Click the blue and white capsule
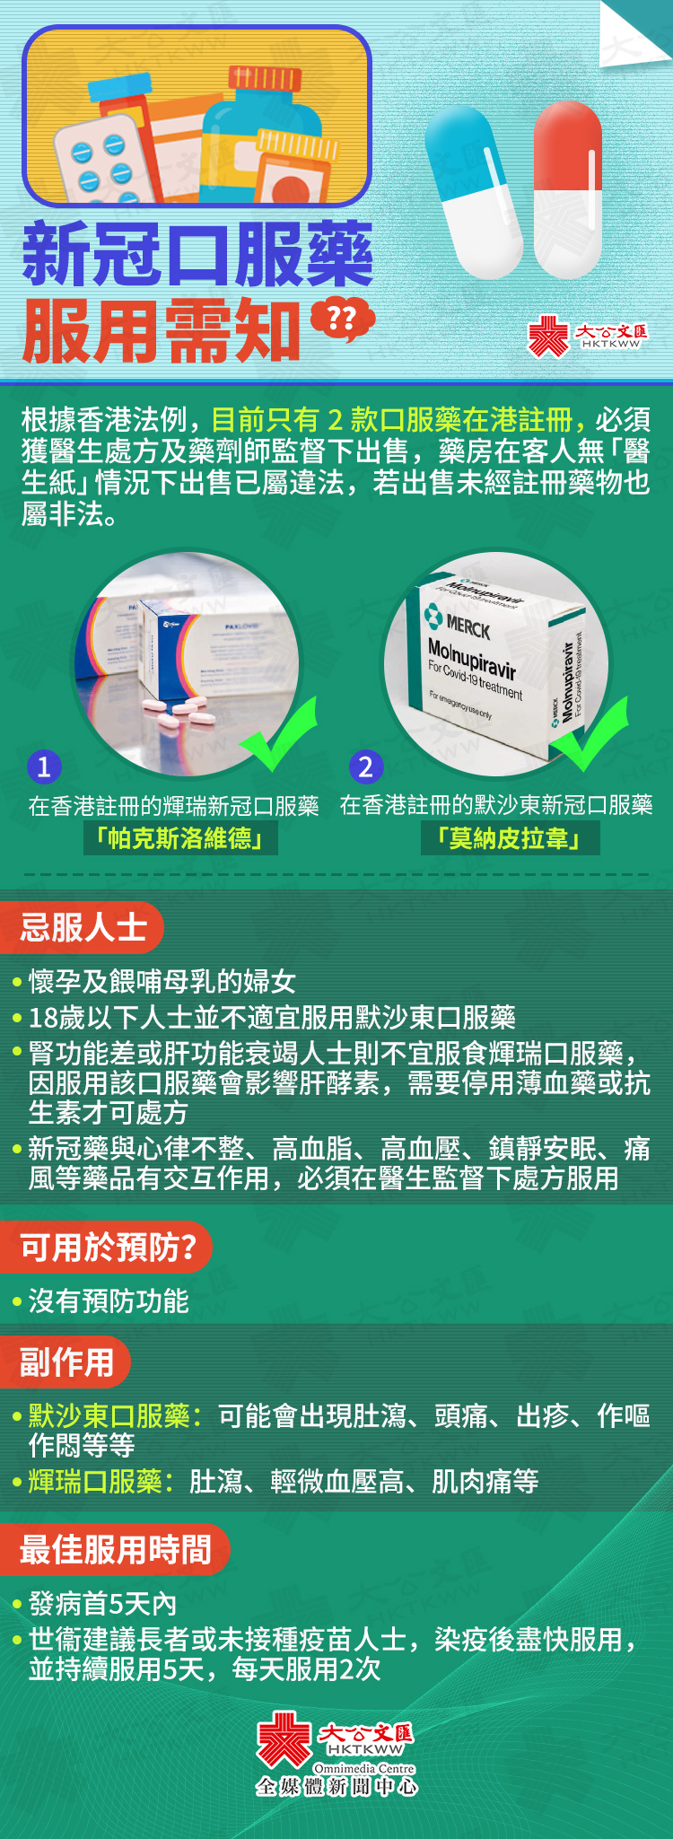[474, 191]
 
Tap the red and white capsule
[567, 189]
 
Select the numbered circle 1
[44, 766]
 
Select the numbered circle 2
[365, 766]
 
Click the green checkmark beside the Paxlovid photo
[279, 733]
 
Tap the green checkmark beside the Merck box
[590, 733]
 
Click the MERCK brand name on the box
[468, 626]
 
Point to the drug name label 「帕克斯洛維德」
[180, 838]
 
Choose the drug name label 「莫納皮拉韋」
[510, 838]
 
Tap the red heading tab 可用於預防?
[105, 1247]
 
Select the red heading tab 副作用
[65, 1362]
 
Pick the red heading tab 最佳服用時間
[114, 1549]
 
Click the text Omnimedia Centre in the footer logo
[364, 1768]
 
